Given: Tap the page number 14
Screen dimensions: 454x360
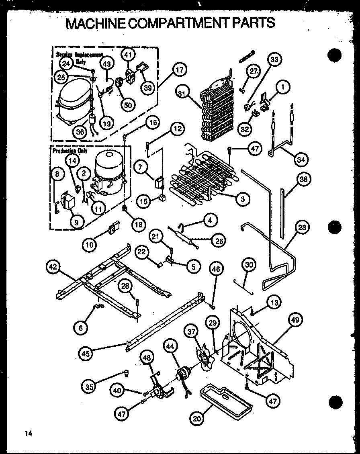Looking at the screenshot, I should click(28, 433).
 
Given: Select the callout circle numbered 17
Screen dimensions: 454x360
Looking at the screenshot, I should click(180, 70).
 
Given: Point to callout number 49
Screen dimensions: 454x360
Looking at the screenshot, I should click(295, 320).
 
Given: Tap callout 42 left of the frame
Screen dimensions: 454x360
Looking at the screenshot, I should click(54, 266).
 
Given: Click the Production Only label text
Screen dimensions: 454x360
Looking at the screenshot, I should click(70, 151).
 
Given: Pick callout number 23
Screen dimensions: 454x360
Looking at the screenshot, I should click(302, 227).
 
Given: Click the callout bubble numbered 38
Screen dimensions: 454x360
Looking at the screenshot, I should click(303, 179).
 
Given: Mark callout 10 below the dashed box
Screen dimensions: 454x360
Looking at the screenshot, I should click(90, 243).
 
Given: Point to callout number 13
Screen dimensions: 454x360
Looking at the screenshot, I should click(274, 303).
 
